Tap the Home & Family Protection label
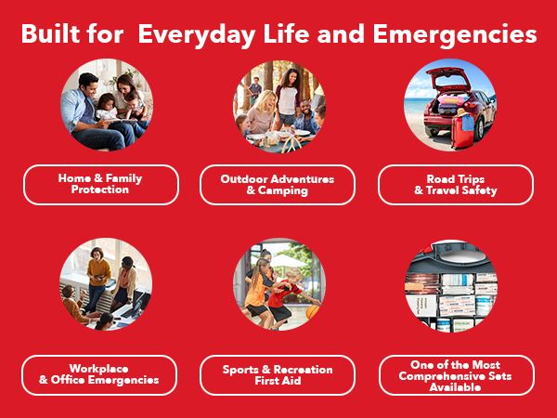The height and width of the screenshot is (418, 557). pyautogui.click(x=100, y=184)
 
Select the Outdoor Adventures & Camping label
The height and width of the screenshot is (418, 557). pyautogui.click(x=278, y=184)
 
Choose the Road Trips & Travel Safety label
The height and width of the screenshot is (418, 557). pyautogui.click(x=455, y=184)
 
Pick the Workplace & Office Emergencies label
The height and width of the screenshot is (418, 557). pyautogui.click(x=100, y=374)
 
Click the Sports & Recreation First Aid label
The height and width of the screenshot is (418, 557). pyautogui.click(x=278, y=374)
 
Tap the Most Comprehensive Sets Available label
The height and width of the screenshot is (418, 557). pyautogui.click(x=455, y=374)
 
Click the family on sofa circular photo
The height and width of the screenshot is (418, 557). pyautogui.click(x=106, y=105)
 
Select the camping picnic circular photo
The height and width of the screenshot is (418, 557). pyautogui.click(x=278, y=105)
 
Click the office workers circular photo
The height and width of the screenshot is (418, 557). pyautogui.click(x=106, y=284)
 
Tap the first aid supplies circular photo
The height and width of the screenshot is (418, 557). pyautogui.click(x=451, y=284)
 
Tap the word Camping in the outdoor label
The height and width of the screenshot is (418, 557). pyautogui.click(x=285, y=190)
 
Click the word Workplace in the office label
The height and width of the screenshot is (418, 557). pyautogui.click(x=100, y=368)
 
